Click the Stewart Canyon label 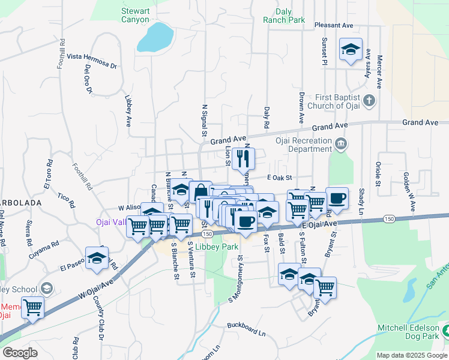(135, 15)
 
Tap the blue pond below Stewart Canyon (155, 38)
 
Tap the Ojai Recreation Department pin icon (341, 144)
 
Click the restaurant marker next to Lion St (243, 159)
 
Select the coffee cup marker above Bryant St (337, 199)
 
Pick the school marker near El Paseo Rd (96, 258)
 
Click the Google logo (20, 353)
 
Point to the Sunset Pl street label (324, 53)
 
